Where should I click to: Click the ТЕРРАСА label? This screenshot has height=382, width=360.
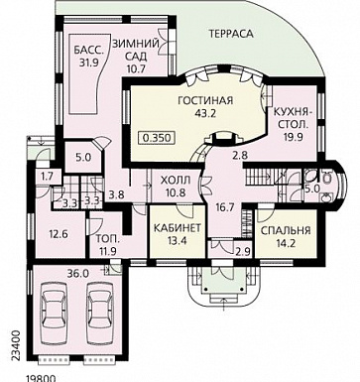pos(231,34)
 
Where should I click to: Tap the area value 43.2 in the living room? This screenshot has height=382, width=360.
pos(205,114)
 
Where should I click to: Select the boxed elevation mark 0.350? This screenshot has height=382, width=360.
pos(158,137)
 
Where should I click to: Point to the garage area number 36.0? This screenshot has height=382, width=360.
pos(77,273)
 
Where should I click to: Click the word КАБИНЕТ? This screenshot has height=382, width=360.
pos(178,228)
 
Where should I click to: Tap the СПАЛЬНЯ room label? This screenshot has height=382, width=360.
pos(285,230)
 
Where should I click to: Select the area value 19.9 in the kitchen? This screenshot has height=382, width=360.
pos(294,136)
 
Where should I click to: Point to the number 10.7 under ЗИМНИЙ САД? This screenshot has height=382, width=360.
pos(136,68)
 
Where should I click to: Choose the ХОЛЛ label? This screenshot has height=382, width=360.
pos(176,181)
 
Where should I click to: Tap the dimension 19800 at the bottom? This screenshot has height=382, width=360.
pos(41,378)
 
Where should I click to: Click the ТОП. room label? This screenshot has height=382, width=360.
pos(107,239)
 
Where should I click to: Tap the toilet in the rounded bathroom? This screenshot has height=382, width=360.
pos(327,179)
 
